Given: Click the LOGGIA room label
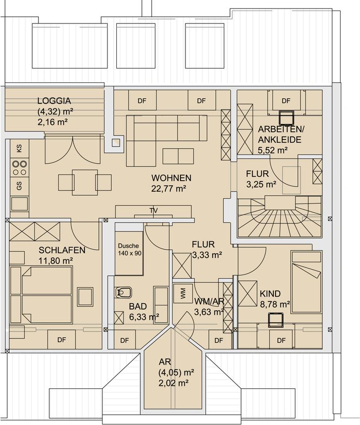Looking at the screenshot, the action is tap(54, 101).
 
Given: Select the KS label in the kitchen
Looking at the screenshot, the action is tap(19, 148).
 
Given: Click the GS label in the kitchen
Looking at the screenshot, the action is tap(19, 186).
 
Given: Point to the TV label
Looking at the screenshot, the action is tap(153, 211).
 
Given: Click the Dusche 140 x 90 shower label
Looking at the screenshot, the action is tap(129, 250).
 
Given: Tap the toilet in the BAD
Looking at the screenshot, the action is tap(123, 293).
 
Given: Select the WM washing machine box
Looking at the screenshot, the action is tap(183, 294).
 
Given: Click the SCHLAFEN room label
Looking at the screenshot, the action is tap(62, 250).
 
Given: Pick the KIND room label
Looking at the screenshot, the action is tap(270, 294).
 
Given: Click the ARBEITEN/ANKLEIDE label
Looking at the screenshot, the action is tap(281, 135).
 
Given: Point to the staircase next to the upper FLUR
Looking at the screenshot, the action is tap(280, 217).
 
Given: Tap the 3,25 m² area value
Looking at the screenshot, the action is tap(261, 185).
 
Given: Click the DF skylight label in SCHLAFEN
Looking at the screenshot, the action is tap(62, 340).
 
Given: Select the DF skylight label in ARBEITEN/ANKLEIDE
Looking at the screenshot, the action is tap(286, 101).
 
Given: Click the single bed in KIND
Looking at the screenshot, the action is tap(306, 282).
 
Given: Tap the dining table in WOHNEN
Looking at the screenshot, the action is tap(85, 182).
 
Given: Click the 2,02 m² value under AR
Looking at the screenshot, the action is tap(173, 383).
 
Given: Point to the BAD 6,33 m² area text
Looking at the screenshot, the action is tap(144, 311).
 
